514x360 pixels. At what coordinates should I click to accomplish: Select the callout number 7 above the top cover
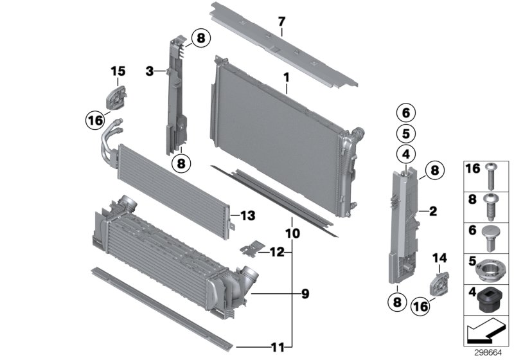pos(281,22)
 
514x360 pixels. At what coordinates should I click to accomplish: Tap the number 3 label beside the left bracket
pos(149,71)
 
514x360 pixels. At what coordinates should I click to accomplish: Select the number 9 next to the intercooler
pos(305,294)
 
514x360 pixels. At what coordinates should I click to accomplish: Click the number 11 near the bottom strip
pos(277,347)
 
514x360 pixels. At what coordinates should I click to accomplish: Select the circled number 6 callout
pos(405,113)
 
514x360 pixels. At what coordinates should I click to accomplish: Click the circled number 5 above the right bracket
pos(405,134)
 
